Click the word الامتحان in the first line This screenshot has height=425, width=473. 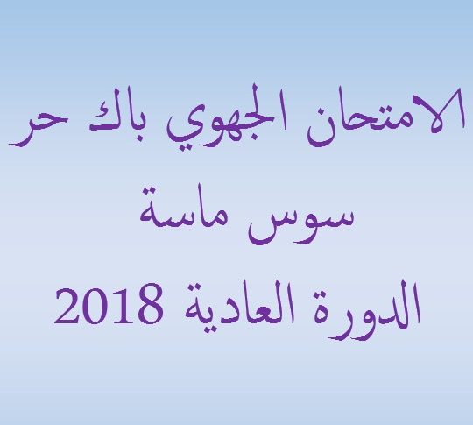click(385, 117)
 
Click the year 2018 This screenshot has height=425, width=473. click(109, 305)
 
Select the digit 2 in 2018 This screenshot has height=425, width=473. click(67, 305)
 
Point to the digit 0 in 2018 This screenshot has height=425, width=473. click(95, 305)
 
